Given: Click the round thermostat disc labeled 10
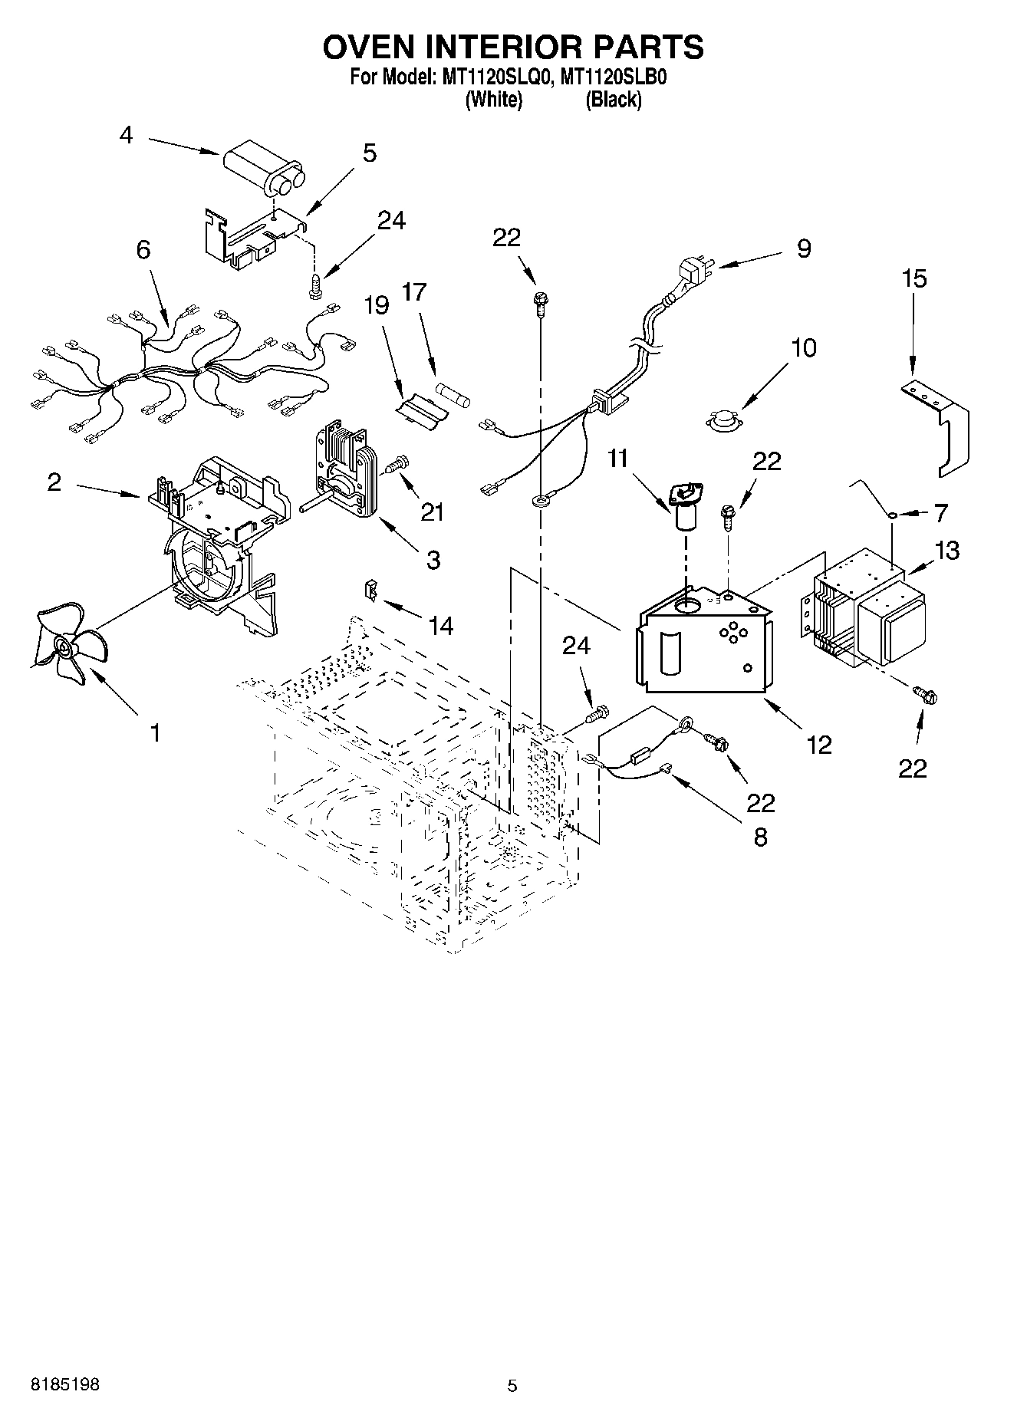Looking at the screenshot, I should click(723, 419).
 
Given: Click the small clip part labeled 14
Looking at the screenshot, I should click(371, 590).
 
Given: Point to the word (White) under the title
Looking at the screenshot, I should click(494, 100).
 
